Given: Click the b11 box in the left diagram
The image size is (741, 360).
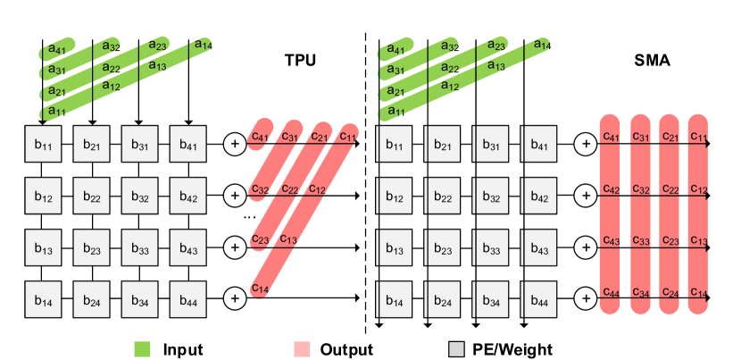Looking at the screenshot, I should (43, 144).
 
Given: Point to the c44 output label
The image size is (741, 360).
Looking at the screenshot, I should (612, 292).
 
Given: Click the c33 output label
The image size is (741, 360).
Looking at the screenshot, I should (641, 241).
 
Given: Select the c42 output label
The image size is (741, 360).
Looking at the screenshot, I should (612, 189).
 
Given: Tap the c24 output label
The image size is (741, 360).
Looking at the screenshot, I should (671, 292).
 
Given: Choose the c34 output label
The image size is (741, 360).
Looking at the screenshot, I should (641, 292).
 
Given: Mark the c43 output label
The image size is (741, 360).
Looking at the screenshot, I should (612, 241).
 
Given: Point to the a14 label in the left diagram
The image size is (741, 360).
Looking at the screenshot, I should (204, 44).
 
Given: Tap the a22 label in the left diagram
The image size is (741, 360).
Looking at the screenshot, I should (111, 68).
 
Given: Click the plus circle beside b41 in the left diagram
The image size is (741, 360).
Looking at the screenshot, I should (234, 143).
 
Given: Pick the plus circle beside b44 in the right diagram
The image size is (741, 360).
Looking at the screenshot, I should (586, 297).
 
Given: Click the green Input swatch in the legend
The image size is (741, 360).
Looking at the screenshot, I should (142, 349).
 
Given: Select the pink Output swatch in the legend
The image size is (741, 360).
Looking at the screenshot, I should (301, 349).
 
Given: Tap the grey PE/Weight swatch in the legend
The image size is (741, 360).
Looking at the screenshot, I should (455, 349).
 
